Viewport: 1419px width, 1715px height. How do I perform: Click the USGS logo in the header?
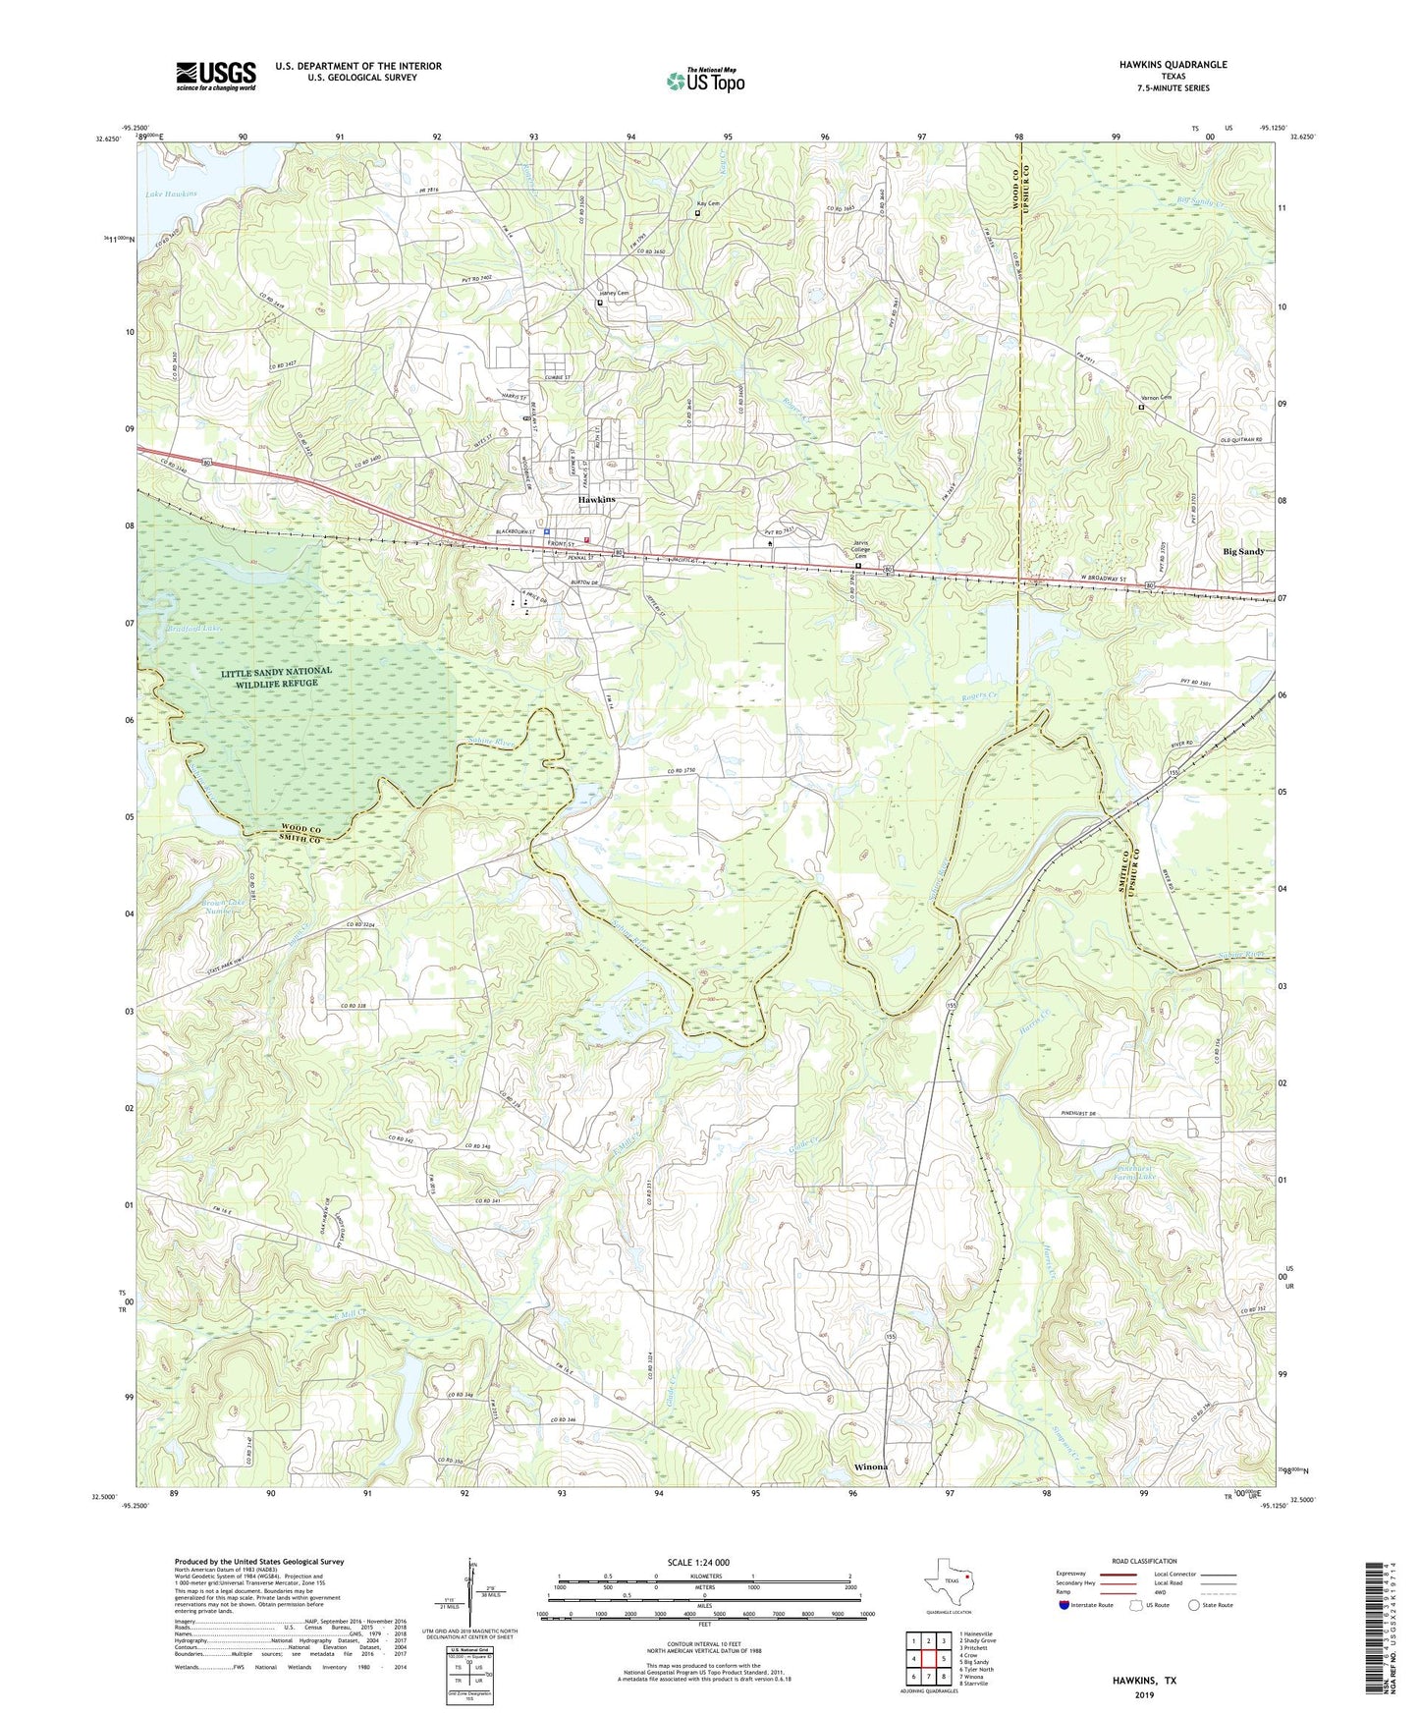[215, 76]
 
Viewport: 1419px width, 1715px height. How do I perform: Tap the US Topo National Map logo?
[704, 80]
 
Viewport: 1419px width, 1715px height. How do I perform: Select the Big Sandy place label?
[1242, 552]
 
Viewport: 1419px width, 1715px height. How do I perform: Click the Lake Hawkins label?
[171, 194]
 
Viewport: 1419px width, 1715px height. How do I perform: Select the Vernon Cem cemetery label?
[1155, 398]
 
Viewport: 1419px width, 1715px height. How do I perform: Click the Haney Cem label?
[613, 293]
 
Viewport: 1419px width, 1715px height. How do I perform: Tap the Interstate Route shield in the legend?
[1064, 1605]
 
